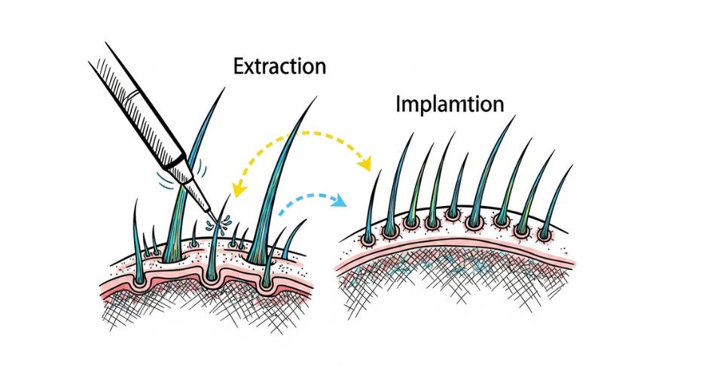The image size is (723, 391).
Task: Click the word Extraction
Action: [x=279, y=66]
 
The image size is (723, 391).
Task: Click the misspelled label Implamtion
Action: [x=450, y=105]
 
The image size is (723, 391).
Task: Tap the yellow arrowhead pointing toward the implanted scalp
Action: [x=366, y=163]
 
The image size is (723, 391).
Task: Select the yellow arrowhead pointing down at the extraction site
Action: [x=239, y=189]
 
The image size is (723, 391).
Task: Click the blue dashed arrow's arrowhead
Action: [x=340, y=200]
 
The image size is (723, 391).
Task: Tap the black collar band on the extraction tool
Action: [x=177, y=162]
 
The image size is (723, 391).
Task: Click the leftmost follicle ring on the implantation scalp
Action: [x=368, y=239]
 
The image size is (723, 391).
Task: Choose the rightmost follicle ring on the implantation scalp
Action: [x=545, y=235]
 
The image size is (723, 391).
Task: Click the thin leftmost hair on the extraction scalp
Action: [x=136, y=239]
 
